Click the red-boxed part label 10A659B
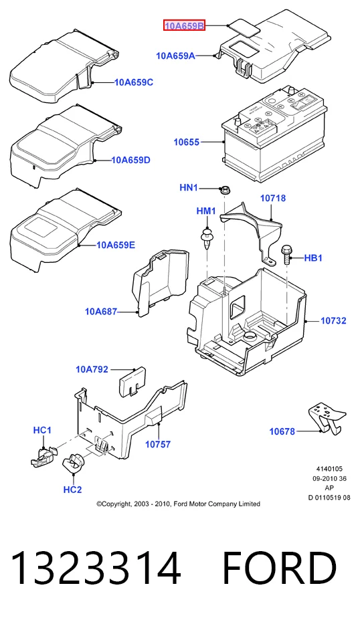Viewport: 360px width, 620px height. coord(185,26)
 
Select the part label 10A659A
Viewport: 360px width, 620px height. coord(175,56)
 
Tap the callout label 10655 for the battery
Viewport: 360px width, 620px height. coord(186,142)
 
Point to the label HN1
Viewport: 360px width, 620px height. coord(189,187)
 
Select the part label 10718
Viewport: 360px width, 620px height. coord(272,198)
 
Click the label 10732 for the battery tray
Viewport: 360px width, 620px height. coord(333,320)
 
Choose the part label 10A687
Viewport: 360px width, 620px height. coord(101,312)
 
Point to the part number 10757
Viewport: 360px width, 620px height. coord(158,445)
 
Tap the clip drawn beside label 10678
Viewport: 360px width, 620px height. coord(327,418)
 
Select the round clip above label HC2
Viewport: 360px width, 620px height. coord(74,463)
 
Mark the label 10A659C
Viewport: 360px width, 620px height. coord(134,83)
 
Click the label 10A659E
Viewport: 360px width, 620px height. coord(116,245)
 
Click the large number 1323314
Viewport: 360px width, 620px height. coord(96,569)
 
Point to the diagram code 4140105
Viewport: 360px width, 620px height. coord(329,470)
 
